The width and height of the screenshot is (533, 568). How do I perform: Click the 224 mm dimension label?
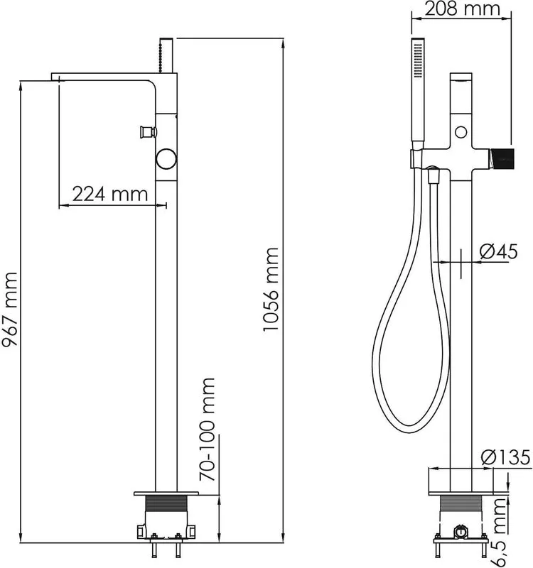(x=110, y=194)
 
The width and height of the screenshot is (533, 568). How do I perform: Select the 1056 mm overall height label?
(x=271, y=289)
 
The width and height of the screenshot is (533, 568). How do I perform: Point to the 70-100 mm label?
(x=208, y=429)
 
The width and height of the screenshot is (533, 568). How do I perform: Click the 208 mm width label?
(x=463, y=9)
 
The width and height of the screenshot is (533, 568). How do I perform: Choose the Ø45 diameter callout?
(x=499, y=251)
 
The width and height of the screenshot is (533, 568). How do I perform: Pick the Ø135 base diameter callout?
(x=507, y=458)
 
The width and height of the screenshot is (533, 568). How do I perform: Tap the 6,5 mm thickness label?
(x=502, y=532)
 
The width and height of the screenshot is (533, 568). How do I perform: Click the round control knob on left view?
(x=166, y=159)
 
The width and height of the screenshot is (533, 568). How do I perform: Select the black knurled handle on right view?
(x=502, y=158)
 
